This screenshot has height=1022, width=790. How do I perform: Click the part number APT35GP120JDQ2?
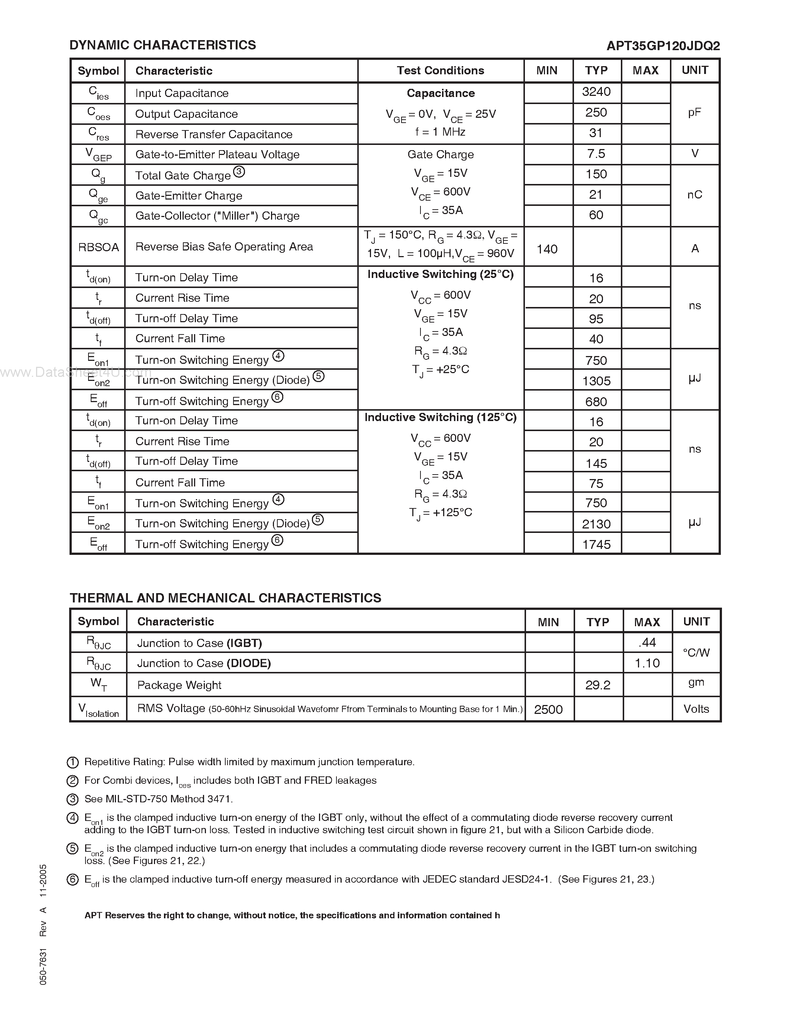(x=663, y=46)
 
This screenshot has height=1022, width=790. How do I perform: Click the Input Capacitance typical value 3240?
(x=596, y=92)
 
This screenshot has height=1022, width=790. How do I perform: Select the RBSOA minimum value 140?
(x=546, y=249)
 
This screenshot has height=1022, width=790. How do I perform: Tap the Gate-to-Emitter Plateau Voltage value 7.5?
(x=596, y=154)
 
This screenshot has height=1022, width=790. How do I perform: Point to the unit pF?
(x=694, y=112)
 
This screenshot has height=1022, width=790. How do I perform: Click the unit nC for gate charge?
(x=694, y=195)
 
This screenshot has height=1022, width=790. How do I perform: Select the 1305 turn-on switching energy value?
(x=596, y=381)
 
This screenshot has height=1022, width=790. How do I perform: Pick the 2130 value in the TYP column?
(x=596, y=524)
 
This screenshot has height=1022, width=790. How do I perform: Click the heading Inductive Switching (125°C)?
(x=441, y=417)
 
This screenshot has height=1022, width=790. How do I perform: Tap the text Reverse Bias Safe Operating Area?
(x=224, y=247)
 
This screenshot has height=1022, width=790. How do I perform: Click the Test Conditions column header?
(x=441, y=71)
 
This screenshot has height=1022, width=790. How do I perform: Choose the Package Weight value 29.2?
(x=598, y=685)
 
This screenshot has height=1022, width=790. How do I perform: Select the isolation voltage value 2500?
(x=548, y=709)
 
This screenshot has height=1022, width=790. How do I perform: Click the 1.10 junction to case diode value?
(x=647, y=663)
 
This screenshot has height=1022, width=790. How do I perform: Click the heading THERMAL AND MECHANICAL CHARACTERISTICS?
(x=225, y=598)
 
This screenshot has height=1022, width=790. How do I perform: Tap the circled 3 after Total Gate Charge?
(x=239, y=172)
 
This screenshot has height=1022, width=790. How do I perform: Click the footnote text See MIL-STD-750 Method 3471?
(x=158, y=799)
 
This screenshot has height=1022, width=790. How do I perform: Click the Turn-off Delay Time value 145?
(x=596, y=463)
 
